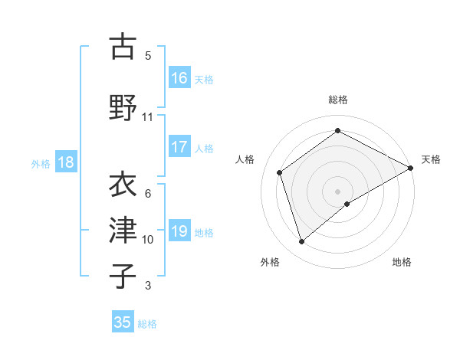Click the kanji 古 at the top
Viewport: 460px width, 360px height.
point(123,47)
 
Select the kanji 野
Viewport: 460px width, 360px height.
point(123,107)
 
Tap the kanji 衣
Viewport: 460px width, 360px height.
point(123,185)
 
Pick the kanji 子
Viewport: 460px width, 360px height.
point(123,276)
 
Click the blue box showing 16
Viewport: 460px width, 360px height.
point(179,78)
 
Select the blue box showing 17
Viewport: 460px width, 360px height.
point(179,147)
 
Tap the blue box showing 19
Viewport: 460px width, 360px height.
point(179,231)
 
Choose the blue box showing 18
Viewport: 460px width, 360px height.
point(65,162)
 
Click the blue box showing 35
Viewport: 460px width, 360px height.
point(123,322)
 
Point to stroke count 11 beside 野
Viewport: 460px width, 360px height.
point(147,117)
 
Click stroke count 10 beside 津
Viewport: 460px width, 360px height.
point(148,240)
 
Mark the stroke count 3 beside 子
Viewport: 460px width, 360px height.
point(147,286)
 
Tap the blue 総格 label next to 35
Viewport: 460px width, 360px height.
point(147,324)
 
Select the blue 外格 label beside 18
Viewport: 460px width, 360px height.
point(40,163)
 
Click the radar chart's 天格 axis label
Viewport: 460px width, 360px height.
point(431,159)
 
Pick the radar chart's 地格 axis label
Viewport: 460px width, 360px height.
point(402,262)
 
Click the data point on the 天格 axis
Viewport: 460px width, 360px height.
point(411,168)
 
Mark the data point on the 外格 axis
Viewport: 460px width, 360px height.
point(301,242)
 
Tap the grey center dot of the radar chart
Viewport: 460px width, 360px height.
point(337,191)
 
